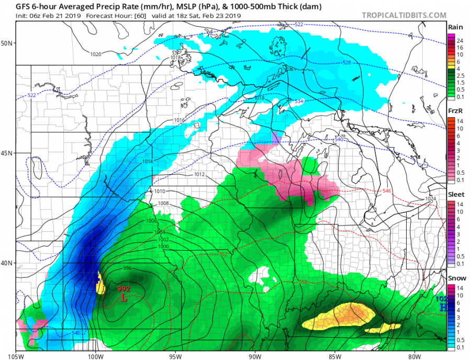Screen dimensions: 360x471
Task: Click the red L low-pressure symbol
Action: [x=124, y=298]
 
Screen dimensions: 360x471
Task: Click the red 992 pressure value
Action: [x=124, y=289]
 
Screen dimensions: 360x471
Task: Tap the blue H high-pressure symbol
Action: [x=442, y=307]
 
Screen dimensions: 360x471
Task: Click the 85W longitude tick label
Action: [x=335, y=356]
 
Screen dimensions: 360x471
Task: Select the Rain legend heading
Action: [x=454, y=27]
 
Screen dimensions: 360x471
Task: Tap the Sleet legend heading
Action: [x=454, y=194]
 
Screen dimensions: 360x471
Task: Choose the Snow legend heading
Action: [x=454, y=278]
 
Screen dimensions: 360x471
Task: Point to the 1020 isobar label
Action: [x=96, y=54]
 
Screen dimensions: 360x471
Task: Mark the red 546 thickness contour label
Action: [x=387, y=191]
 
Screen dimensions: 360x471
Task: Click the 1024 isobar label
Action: [x=430, y=199]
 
